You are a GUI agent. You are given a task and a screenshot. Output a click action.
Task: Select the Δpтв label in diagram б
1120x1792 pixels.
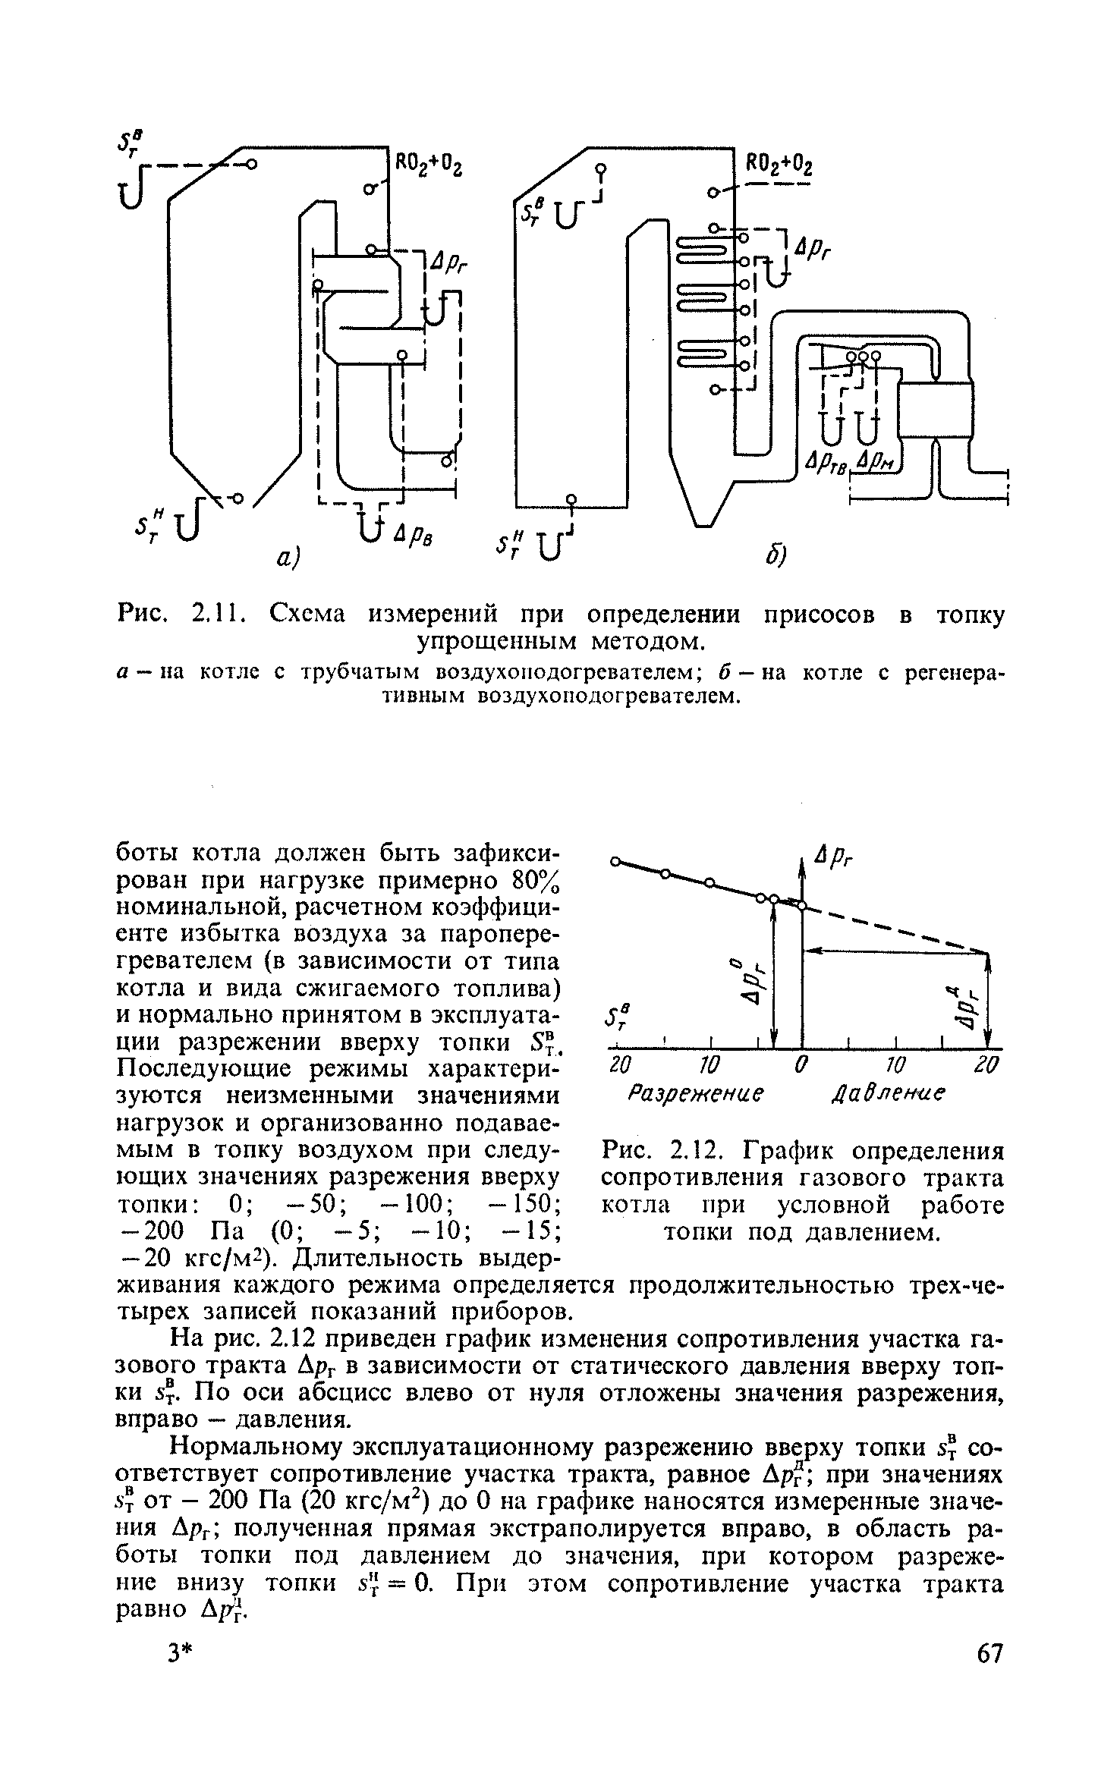pos(831,463)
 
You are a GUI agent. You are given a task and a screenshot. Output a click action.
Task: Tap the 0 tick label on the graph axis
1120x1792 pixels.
pos(799,1067)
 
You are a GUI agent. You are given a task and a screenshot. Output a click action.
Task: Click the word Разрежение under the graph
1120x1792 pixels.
pos(694,1096)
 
